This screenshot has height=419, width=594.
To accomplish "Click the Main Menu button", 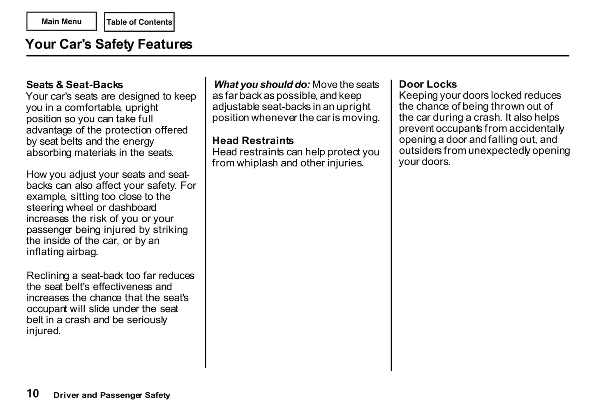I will coord(62,22).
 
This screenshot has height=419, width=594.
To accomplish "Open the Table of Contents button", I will coord(139,22).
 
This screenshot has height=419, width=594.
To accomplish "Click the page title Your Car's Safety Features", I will coord(109,44).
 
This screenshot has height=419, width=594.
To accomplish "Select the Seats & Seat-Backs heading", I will coord(74,85).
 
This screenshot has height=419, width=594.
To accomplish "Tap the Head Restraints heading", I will coord(253,141).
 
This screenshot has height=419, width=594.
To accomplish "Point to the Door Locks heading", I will coord(428,84).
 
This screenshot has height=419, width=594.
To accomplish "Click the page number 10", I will coord(33,394).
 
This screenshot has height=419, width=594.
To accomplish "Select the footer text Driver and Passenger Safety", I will coord(111,395).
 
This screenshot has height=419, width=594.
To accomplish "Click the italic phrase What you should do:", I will coord(262,85).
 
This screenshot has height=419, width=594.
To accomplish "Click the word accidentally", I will coord(536,129).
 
